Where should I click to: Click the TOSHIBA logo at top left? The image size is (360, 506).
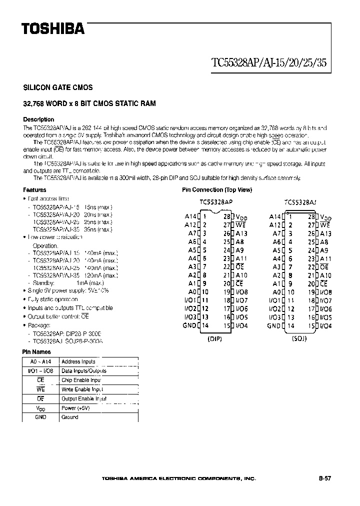tap(52, 29)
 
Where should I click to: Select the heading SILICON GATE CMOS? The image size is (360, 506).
tap(58, 87)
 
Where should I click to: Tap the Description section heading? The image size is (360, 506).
tap(38, 119)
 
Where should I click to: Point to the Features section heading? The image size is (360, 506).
tap(34, 190)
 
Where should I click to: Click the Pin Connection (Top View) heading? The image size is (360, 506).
tap(217, 190)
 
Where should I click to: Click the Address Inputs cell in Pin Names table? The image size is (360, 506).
tap(78, 361)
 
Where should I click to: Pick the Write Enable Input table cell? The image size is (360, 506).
tap(82, 389)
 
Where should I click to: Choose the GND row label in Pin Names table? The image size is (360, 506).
tap(41, 417)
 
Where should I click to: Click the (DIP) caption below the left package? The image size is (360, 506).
tap(215, 338)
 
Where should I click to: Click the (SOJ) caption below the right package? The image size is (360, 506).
tap(299, 338)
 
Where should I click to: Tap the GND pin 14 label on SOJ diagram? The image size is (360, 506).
tap(273, 326)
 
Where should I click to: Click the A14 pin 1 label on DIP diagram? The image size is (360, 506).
tap(190, 217)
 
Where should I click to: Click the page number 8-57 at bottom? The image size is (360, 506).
tap(324, 478)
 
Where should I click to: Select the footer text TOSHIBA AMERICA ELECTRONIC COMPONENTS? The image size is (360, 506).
tap(179, 478)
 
